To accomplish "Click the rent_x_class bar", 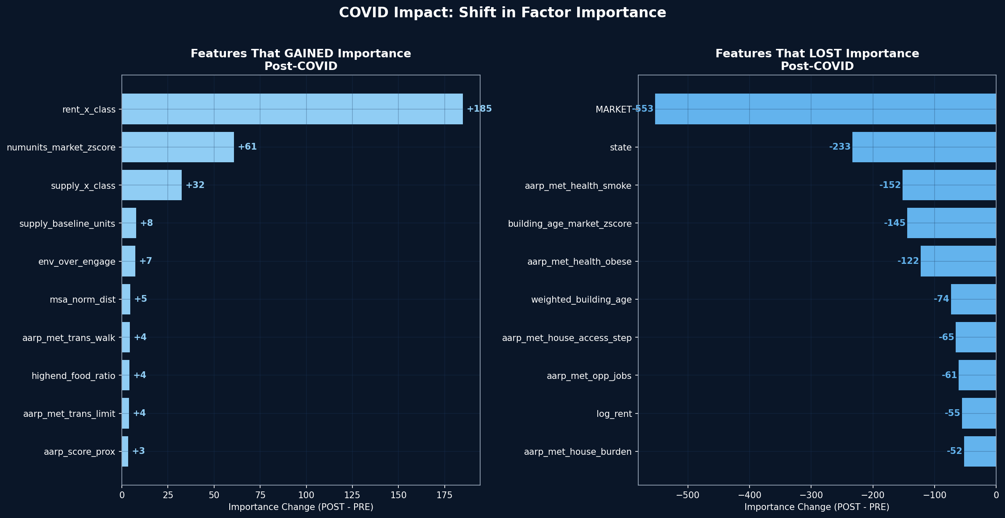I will pyautogui.click(x=292, y=109).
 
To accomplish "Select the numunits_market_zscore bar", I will pyautogui.click(x=178, y=147).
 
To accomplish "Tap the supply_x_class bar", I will pyautogui.click(x=152, y=185).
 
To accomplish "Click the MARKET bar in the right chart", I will pyautogui.click(x=825, y=109).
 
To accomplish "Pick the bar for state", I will pyautogui.click(x=924, y=147).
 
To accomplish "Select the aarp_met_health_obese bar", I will pyautogui.click(x=958, y=261).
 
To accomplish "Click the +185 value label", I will pyautogui.click(x=479, y=109).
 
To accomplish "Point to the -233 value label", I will pyautogui.click(x=840, y=147).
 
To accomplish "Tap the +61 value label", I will pyautogui.click(x=247, y=147).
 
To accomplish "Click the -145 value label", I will pyautogui.click(x=895, y=223).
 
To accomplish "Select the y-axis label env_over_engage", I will pyautogui.click(x=77, y=262).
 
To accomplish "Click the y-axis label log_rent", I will pyautogui.click(x=614, y=414).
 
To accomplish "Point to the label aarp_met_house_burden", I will pyautogui.click(x=578, y=452).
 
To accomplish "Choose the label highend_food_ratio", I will pyautogui.click(x=73, y=376).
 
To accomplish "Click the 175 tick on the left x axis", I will pyautogui.click(x=444, y=494).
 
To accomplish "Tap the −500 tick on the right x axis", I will pyautogui.click(x=688, y=494).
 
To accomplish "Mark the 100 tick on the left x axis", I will pyautogui.click(x=306, y=494).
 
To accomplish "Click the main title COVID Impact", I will pyautogui.click(x=502, y=13).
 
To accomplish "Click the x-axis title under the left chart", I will pyautogui.click(x=301, y=507).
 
